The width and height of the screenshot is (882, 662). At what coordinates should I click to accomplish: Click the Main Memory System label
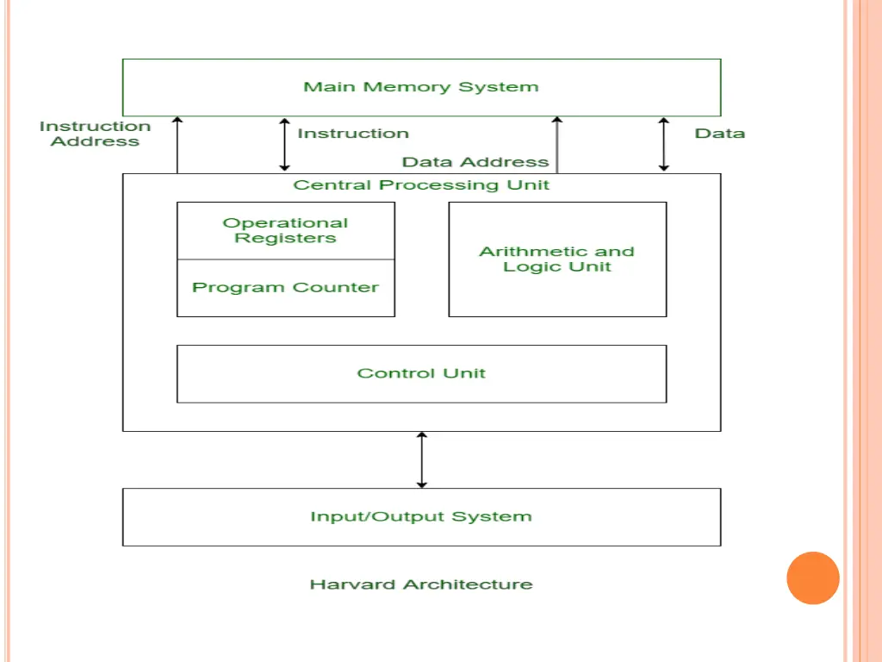click(x=420, y=87)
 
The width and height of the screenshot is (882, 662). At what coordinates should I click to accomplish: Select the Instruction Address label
click(x=95, y=134)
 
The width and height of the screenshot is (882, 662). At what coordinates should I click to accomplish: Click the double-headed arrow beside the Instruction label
click(x=284, y=145)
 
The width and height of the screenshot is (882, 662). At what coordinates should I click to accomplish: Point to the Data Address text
click(x=475, y=162)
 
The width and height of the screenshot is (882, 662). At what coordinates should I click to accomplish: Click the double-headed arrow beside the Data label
click(x=663, y=145)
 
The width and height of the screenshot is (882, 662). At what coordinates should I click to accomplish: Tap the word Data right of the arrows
click(x=719, y=134)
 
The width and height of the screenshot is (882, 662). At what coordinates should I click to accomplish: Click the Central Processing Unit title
click(x=421, y=185)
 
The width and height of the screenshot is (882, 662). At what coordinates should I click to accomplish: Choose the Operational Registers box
click(x=285, y=230)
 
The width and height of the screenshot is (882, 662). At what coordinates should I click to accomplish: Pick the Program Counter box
click(x=285, y=288)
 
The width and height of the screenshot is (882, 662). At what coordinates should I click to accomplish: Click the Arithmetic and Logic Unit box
click(x=557, y=259)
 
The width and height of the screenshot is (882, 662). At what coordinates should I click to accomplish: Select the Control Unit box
click(x=421, y=373)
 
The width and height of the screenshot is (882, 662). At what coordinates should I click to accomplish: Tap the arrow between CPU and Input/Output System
click(x=421, y=459)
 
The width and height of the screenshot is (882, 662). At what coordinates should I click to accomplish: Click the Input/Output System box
click(x=421, y=517)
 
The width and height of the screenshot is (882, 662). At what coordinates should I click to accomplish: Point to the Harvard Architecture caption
click(x=421, y=584)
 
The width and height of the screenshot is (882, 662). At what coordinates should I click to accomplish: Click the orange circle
click(x=812, y=578)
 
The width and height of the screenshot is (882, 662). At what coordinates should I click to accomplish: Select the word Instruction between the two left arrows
click(x=353, y=134)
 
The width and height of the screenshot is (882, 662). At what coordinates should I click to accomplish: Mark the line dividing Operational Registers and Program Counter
click(x=285, y=259)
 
